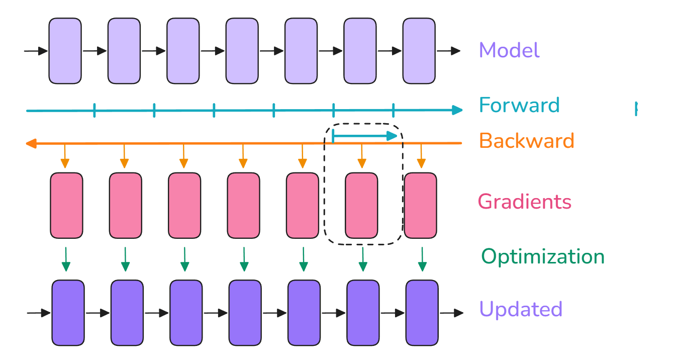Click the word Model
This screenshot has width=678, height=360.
509,50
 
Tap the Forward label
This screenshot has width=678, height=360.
519,106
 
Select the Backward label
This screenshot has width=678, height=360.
526,141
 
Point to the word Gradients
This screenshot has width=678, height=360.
524,202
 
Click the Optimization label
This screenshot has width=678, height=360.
543,256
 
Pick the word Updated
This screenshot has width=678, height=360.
520,309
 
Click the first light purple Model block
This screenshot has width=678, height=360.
65,51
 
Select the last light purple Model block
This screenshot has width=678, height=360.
419,51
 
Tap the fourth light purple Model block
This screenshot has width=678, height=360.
242,51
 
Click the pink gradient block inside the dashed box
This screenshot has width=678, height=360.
361,206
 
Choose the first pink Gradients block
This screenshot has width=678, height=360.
66,206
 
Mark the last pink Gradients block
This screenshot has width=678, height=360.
420,206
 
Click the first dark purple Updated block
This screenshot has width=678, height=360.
68,313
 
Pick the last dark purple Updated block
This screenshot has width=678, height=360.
422,313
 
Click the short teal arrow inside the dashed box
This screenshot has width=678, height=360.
364,135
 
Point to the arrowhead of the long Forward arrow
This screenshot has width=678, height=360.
457,110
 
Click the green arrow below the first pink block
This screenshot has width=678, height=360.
66,259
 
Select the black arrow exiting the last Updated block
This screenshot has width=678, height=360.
451,313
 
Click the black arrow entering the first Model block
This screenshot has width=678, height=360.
36,51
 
